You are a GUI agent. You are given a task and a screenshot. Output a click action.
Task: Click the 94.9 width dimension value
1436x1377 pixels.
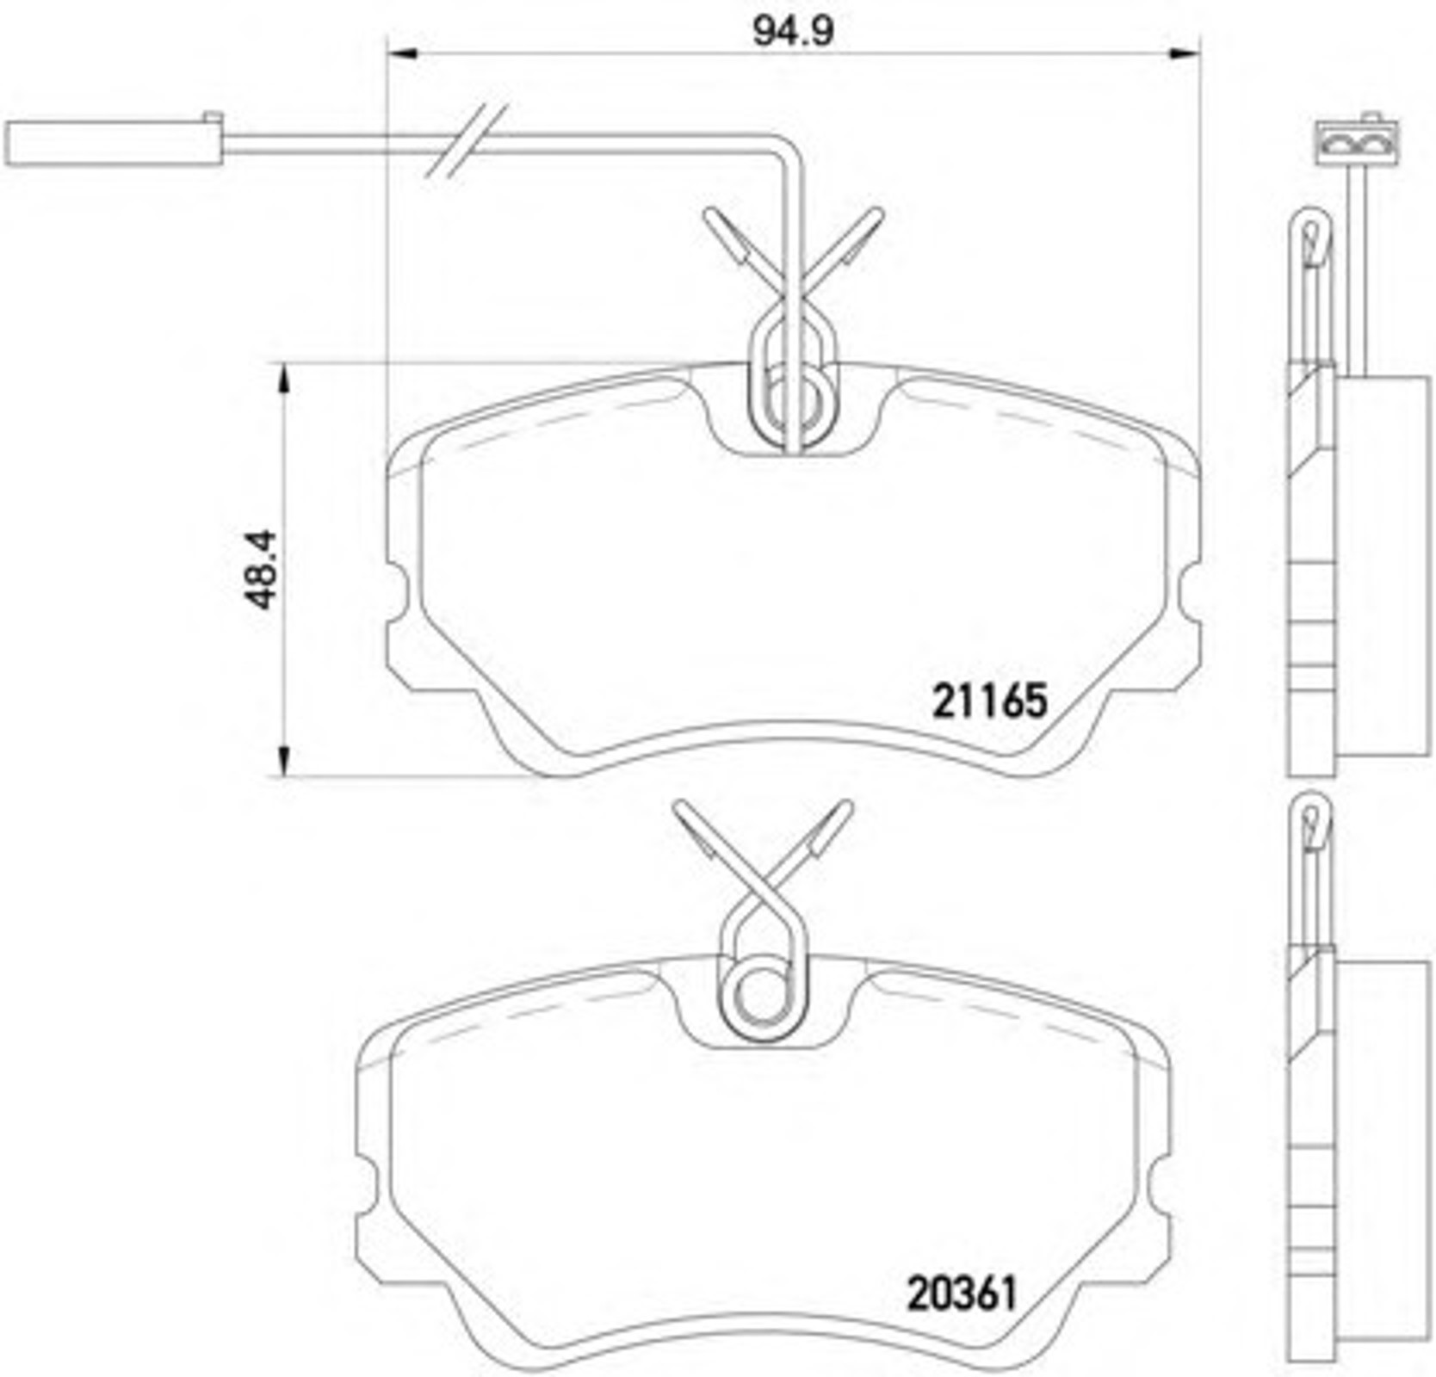(793, 32)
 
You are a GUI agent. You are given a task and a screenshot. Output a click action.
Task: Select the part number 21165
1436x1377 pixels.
(990, 701)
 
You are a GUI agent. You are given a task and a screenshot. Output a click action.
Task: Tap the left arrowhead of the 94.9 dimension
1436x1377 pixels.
(401, 54)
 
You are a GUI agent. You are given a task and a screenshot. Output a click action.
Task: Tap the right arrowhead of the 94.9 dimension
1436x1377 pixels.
(1185, 54)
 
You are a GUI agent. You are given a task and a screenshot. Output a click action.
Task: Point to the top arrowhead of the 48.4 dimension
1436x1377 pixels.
(283, 379)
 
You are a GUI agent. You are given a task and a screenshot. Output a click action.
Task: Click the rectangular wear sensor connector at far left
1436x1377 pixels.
(114, 141)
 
